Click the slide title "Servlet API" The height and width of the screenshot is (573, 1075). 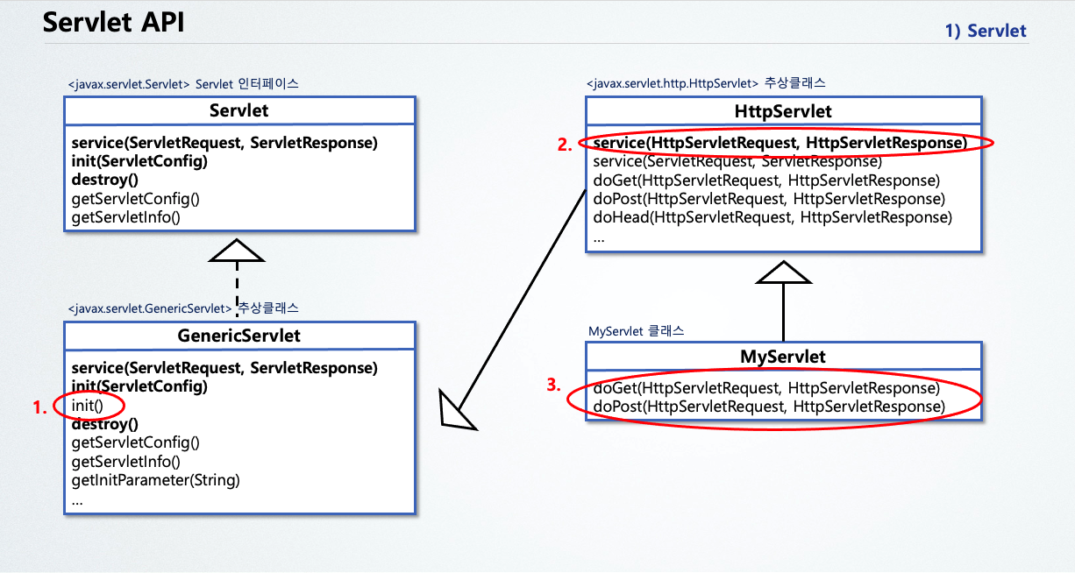coord(114,23)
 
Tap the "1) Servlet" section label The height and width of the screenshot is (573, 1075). coord(986,31)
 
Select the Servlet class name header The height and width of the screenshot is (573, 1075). coord(239,110)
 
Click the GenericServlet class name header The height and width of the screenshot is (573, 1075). coord(239,336)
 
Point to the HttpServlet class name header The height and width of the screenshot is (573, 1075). coord(783,111)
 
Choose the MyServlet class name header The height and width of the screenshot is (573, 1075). coord(783,357)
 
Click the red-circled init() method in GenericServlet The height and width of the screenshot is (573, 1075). coord(89,405)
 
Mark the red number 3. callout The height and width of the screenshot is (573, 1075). coord(553,385)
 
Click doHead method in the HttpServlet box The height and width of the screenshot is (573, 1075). coord(772,217)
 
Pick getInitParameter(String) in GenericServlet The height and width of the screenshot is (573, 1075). coord(156,480)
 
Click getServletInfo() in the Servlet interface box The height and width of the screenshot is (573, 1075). coord(125,216)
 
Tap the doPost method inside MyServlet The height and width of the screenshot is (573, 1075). coord(769,407)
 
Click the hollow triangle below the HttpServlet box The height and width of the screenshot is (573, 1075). coord(783,272)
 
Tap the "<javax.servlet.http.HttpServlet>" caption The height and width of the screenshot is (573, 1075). coord(672,83)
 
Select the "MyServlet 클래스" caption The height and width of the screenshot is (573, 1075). coord(636,332)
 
